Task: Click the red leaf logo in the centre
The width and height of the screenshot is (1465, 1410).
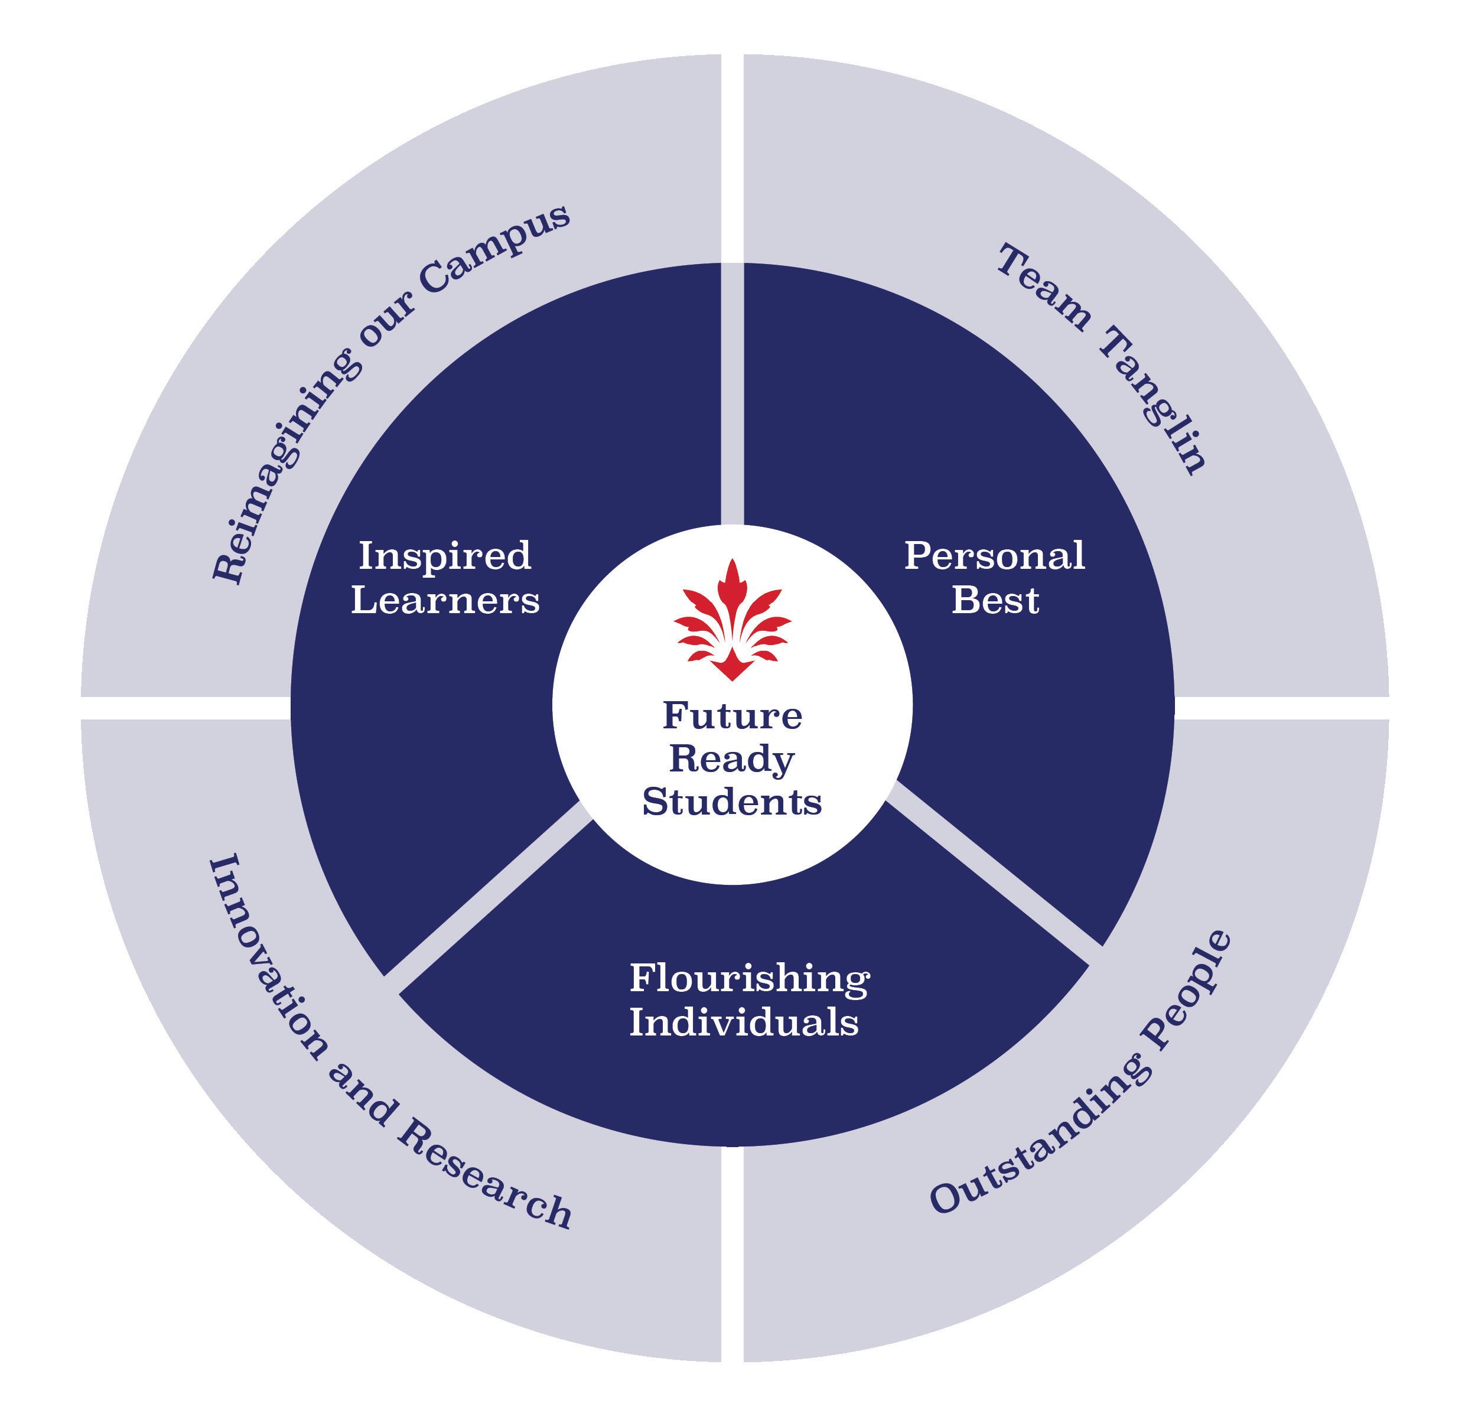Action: (732, 621)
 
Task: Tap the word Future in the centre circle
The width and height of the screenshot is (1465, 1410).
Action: (732, 716)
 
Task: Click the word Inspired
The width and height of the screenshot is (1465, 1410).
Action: (445, 556)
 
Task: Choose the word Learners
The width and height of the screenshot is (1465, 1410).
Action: (445, 601)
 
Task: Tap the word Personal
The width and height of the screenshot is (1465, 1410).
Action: (994, 556)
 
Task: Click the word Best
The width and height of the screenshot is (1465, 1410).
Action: (994, 601)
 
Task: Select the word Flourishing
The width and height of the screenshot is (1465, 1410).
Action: (749, 979)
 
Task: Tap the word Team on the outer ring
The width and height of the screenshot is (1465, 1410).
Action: (1043, 288)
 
